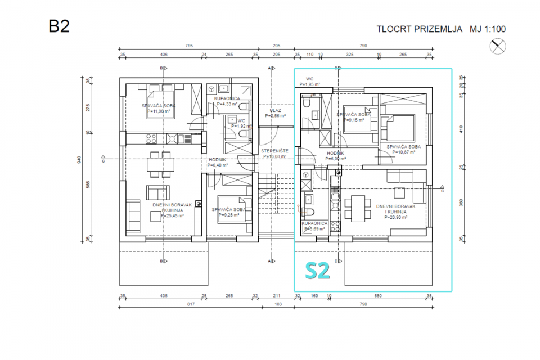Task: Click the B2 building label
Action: click(x=59, y=27)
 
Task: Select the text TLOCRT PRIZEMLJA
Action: click(x=419, y=29)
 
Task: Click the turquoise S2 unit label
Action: click(x=317, y=271)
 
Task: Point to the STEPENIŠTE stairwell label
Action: click(x=274, y=151)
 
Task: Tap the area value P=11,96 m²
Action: click(x=160, y=111)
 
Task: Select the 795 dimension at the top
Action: click(x=189, y=46)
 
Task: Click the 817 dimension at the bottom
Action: click(x=190, y=304)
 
